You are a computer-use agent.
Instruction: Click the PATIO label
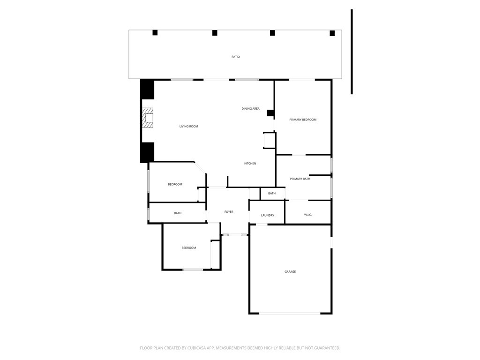pos(235,57)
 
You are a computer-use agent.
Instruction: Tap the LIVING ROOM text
pos(188,127)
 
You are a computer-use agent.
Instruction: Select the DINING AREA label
pos(250,109)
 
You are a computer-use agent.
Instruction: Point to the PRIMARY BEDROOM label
pos(302,120)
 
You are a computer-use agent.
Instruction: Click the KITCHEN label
pos(250,164)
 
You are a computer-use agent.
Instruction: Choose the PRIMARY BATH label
pos(300,179)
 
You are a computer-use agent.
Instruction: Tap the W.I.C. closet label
pos(307,215)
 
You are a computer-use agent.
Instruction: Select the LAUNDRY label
pos(267,216)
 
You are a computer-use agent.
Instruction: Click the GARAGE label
pos(290,272)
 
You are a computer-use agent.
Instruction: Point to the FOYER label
pos(228,212)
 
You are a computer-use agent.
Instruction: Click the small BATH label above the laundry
pos(272,194)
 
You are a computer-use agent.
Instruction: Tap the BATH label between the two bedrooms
pos(178,213)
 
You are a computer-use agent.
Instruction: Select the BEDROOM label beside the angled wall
pos(175,185)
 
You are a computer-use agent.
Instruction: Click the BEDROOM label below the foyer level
pos(188,248)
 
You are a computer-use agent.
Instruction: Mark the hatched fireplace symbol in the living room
pos(148,118)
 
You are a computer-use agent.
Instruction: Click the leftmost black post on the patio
pos(155,33)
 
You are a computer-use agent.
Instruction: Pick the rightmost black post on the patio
pos(332,33)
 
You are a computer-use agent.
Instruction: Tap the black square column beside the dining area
pos(270,113)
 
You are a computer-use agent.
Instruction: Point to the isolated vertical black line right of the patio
pos(352,52)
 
